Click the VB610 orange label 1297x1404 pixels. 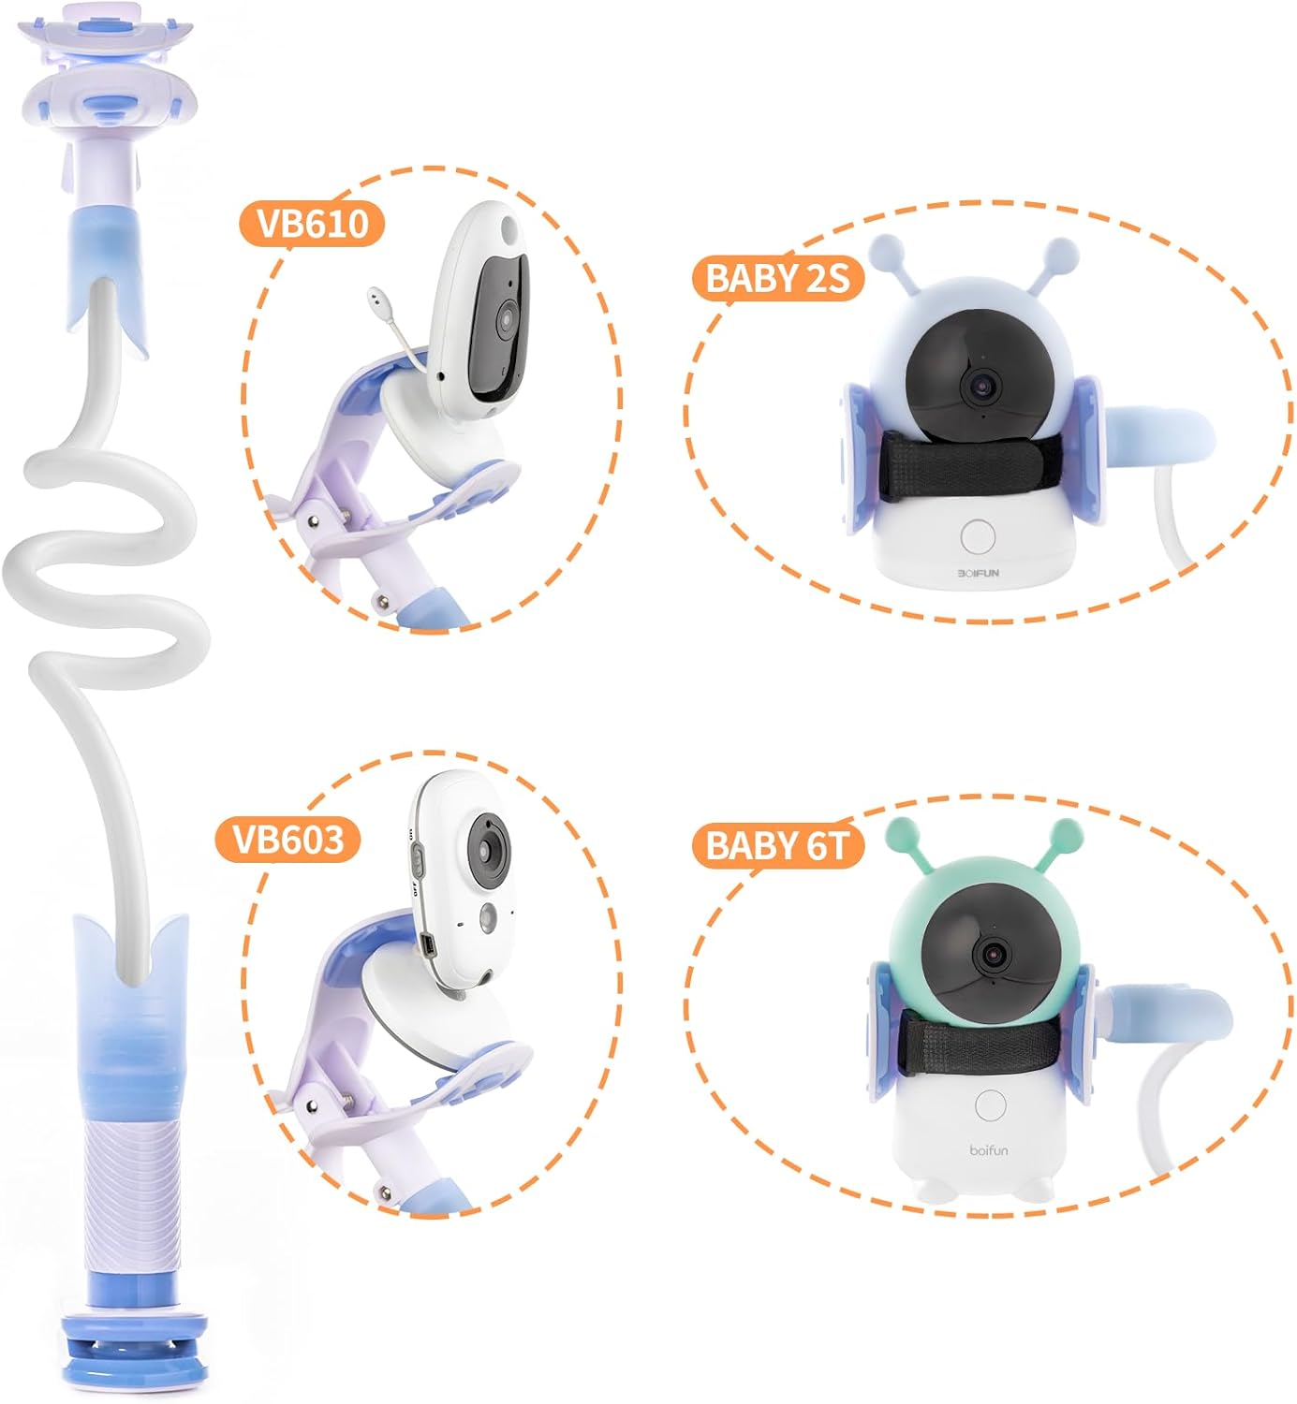click(x=312, y=224)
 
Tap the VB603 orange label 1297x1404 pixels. click(x=287, y=839)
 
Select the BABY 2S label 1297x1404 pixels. click(x=776, y=278)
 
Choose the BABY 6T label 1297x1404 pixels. click(x=776, y=844)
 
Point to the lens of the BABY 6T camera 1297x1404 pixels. click(x=991, y=954)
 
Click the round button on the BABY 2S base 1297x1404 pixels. click(x=977, y=538)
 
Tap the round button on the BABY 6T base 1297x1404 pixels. click(x=990, y=1104)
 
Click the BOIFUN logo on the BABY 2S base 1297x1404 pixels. click(x=978, y=572)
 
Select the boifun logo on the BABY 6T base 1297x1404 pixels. click(x=989, y=1149)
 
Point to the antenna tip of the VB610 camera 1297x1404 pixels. click(x=376, y=293)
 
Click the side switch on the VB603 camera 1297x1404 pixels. click(x=419, y=863)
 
